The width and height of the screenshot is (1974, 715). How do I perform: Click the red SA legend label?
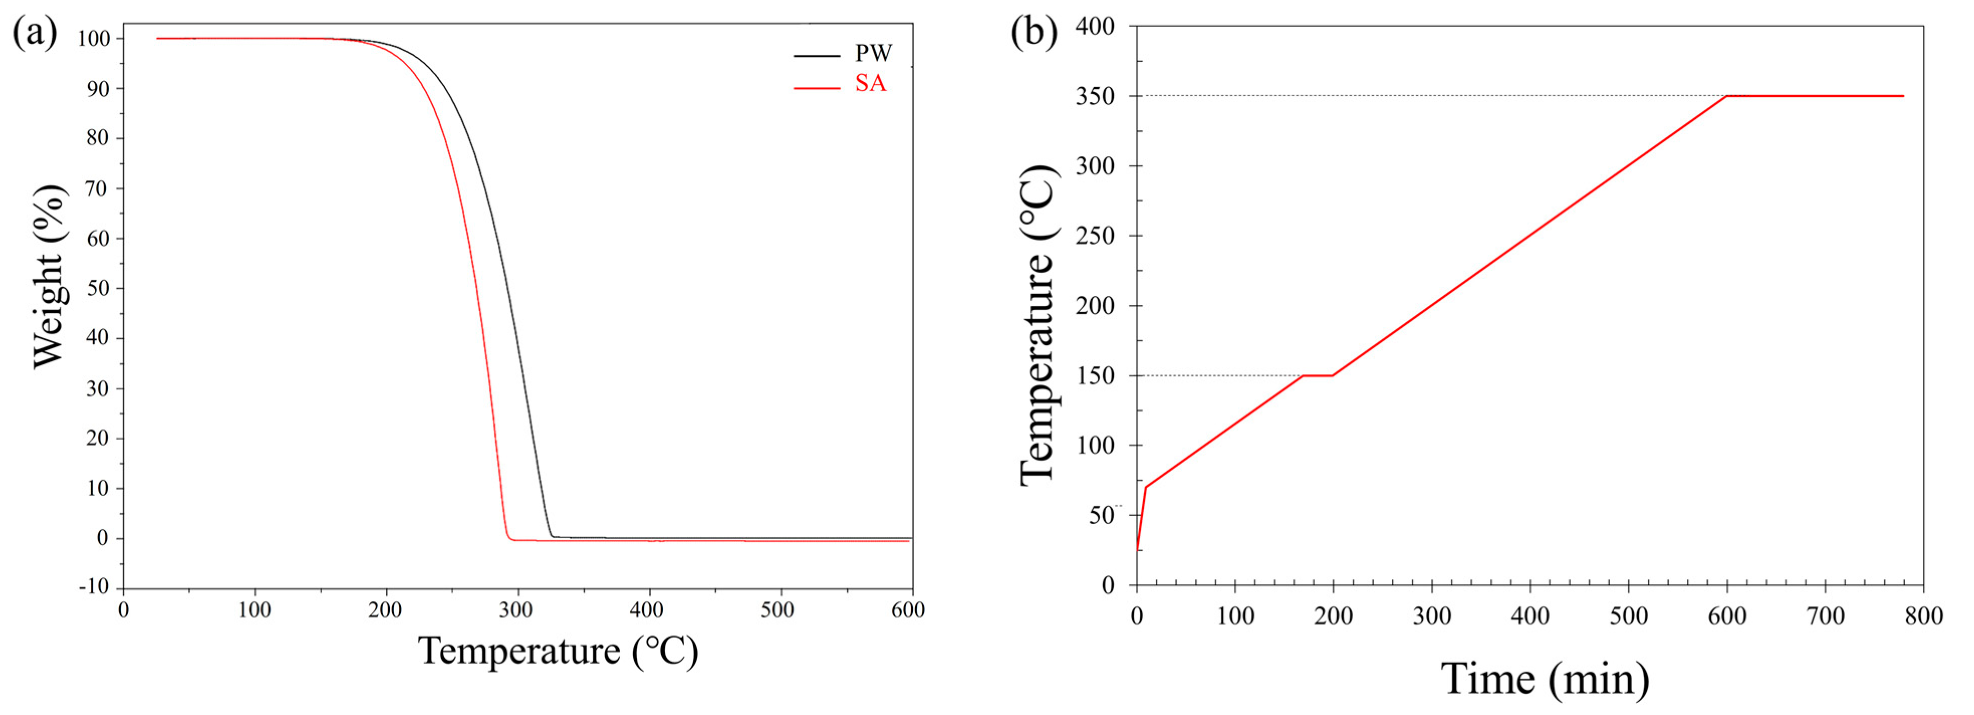[x=870, y=83]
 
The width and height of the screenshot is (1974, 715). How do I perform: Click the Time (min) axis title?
[x=1545, y=679]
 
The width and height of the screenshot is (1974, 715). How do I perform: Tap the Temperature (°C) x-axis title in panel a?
[x=558, y=651]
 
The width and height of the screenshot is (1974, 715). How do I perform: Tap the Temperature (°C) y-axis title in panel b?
[x=1038, y=326]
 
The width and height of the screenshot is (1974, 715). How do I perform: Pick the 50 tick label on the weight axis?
[x=97, y=288]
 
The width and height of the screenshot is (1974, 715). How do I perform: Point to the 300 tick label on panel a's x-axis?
[x=516, y=610]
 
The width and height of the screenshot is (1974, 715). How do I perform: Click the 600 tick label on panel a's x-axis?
[x=908, y=610]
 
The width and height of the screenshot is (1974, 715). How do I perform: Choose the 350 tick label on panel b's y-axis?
[x=1095, y=96]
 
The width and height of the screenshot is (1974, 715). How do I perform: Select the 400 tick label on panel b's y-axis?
[x=1095, y=27]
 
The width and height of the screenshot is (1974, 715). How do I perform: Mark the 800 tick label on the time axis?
[x=1923, y=616]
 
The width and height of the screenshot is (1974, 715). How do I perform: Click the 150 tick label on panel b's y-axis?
[x=1095, y=376]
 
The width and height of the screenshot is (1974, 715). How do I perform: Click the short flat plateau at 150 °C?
[x=1318, y=376]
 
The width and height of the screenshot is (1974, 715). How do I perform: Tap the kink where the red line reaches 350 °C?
[x=1727, y=96]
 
